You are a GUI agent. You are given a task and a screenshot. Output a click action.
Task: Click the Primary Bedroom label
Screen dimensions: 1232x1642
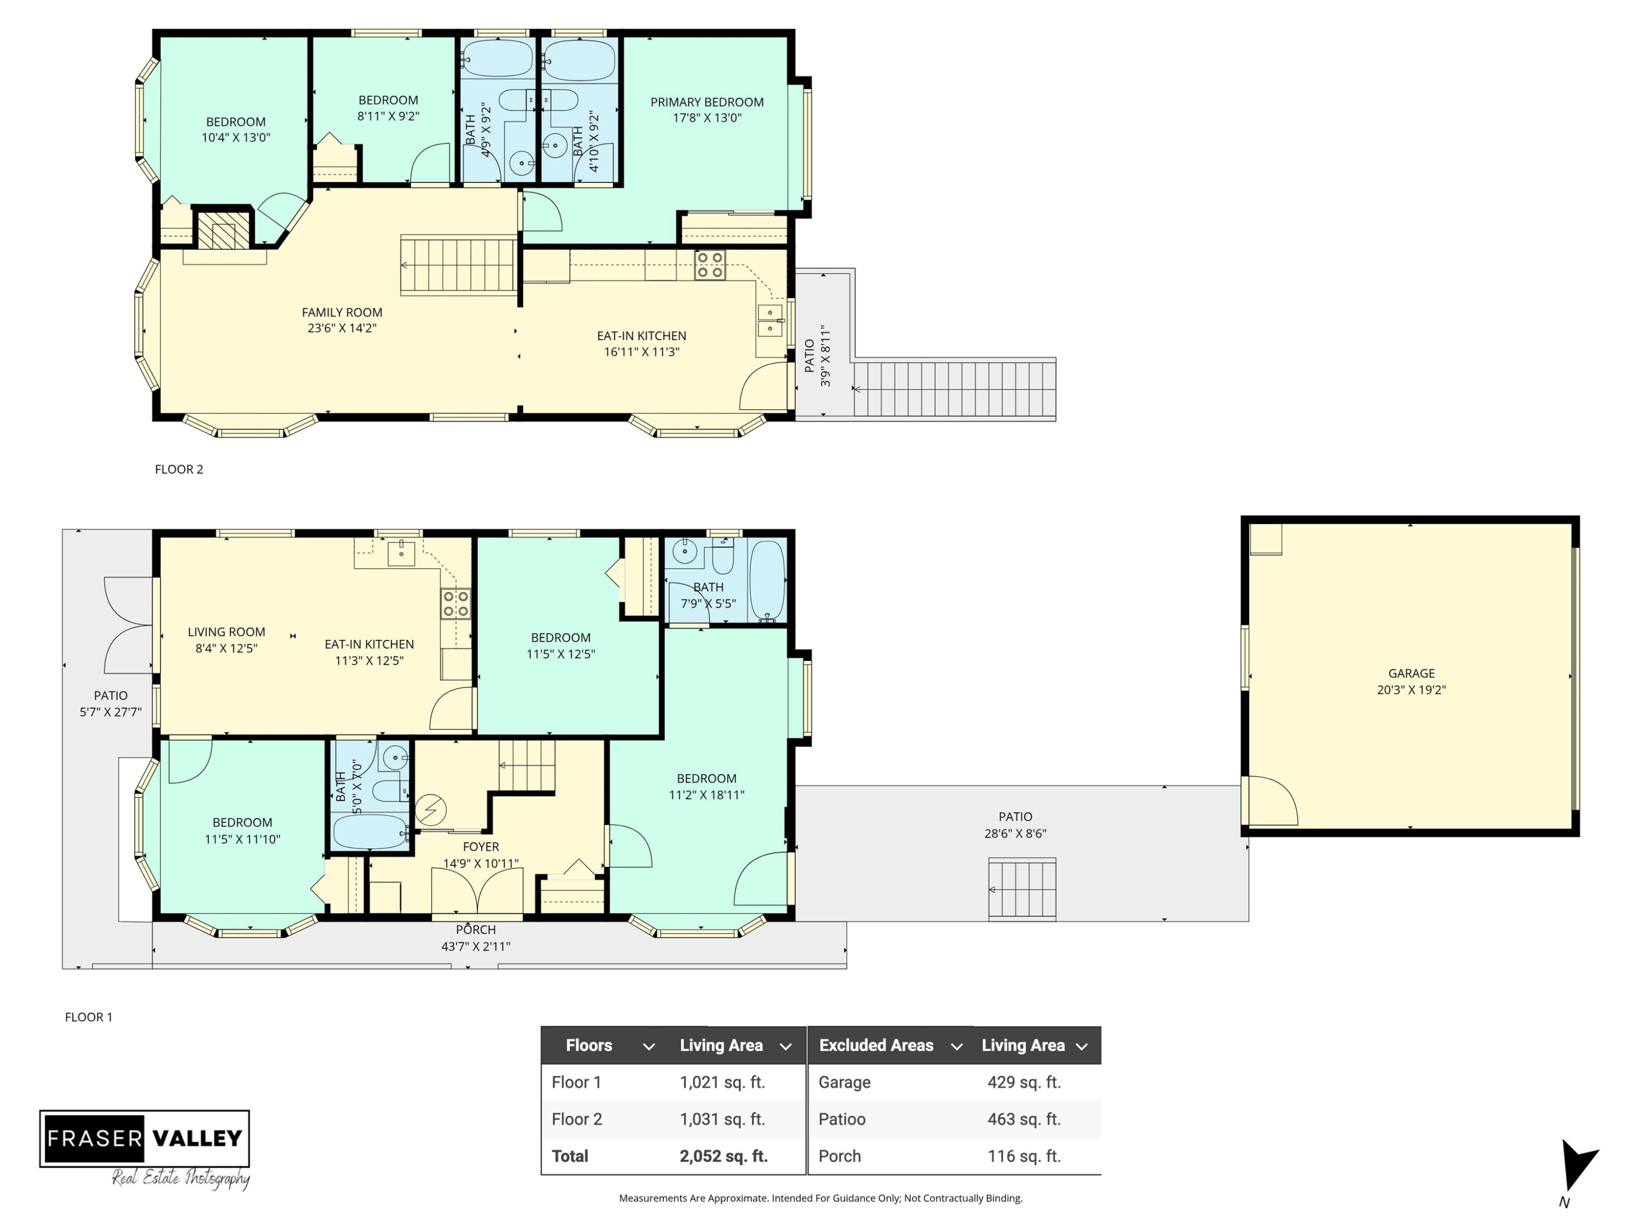(707, 102)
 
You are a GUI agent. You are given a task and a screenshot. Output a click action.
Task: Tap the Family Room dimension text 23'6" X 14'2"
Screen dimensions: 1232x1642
(342, 328)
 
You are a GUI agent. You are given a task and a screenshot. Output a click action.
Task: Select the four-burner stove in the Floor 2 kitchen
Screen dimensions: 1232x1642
(710, 265)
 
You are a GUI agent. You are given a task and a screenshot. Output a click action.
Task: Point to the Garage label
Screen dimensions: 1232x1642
(1411, 673)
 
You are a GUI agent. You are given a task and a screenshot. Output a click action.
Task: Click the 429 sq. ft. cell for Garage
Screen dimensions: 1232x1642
(1024, 1082)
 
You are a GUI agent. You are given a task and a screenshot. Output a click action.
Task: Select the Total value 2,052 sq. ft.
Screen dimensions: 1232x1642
(723, 1156)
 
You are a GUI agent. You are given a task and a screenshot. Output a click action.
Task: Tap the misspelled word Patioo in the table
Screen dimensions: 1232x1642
(842, 1119)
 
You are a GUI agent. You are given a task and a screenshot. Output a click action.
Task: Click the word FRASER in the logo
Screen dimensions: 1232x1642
(94, 1138)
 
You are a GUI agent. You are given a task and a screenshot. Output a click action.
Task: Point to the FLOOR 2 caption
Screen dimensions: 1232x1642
(179, 469)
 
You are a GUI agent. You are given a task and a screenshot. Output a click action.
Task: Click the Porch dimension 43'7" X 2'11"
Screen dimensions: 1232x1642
(476, 946)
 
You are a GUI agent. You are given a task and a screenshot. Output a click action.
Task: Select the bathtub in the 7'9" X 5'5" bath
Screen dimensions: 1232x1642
(767, 580)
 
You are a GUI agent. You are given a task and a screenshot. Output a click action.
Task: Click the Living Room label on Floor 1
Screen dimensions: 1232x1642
(227, 632)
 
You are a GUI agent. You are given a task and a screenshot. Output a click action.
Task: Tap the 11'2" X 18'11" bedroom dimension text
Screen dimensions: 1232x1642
(706, 795)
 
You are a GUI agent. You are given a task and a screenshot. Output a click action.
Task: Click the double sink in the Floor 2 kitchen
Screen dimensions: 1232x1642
(770, 321)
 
